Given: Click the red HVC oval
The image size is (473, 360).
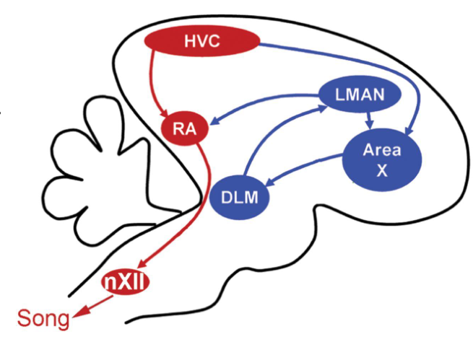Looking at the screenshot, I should click(201, 43).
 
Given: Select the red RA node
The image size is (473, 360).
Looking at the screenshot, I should click(183, 129).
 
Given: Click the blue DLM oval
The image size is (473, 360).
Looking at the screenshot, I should click(241, 196).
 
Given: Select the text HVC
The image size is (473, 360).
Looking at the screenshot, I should click(201, 43).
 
